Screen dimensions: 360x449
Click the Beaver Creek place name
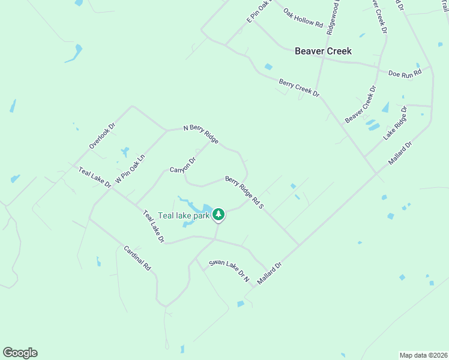[x=323, y=51]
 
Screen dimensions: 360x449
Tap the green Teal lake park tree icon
[x=219, y=214]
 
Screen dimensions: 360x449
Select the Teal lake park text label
[x=184, y=215]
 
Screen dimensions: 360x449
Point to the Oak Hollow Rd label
[x=304, y=19]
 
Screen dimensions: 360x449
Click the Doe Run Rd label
[x=405, y=73]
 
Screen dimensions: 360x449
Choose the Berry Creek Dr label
[x=299, y=88]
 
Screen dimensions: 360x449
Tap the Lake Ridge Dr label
[x=396, y=123]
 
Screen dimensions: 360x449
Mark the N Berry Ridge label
[x=200, y=133]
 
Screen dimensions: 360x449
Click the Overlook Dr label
[x=101, y=136]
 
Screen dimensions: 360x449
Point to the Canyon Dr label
[x=183, y=164]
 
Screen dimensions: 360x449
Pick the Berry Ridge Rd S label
[x=245, y=192]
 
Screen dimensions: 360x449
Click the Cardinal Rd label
[x=137, y=258]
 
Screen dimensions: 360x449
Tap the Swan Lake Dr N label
[x=229, y=271]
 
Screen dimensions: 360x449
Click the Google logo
[x=20, y=353]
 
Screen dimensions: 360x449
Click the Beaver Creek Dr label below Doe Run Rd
[x=361, y=104]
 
